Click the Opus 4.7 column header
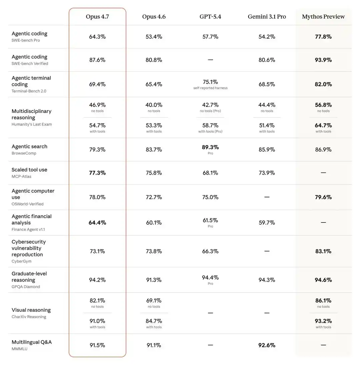point(97,17)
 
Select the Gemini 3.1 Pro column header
point(267,17)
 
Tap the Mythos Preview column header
point(323,17)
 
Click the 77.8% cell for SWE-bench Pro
point(323,37)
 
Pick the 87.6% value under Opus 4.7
point(97,60)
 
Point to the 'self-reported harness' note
point(210,88)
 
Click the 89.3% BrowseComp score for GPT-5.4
point(210,147)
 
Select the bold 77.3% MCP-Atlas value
point(97,173)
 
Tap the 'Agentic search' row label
point(29,147)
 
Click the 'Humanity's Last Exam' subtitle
point(32,124)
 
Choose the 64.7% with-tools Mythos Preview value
point(323,126)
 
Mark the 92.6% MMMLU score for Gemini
point(267,345)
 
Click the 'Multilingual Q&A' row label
point(32,342)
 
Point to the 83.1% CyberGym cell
point(323,251)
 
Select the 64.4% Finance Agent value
point(97,223)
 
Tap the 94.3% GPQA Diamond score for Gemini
point(267,280)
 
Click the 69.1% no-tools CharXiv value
point(154,301)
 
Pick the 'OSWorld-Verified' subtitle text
point(27,204)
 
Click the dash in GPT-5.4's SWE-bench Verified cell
point(210,60)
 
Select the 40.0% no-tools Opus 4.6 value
point(154,105)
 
